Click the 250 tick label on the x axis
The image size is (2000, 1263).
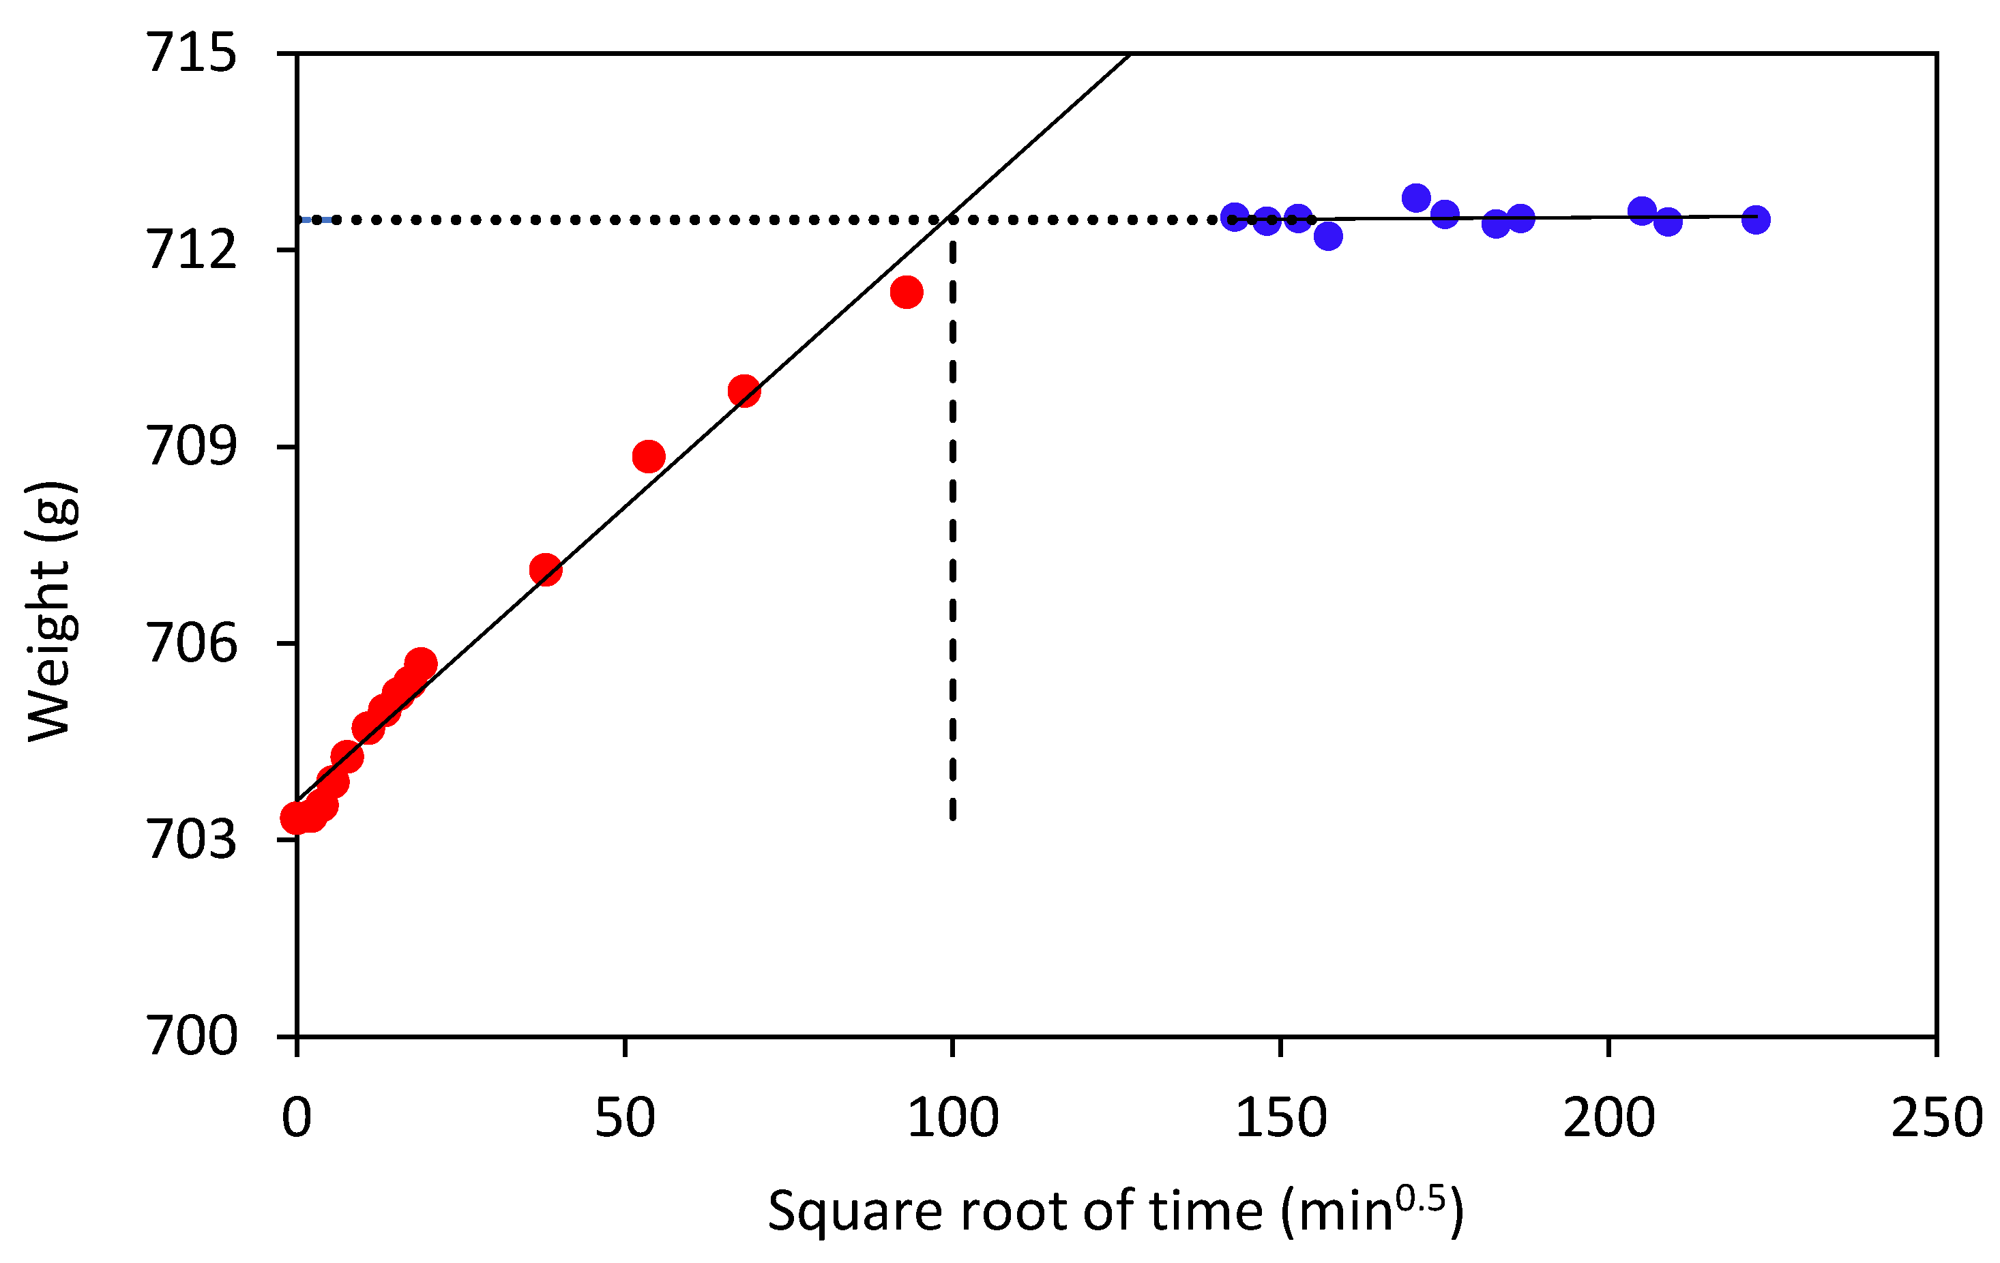1937,1118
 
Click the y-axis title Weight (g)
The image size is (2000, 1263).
51,610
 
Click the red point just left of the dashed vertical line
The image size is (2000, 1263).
906,291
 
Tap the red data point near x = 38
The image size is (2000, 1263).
546,569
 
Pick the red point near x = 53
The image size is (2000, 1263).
648,456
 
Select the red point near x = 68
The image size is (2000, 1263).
744,390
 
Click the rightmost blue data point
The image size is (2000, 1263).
1755,219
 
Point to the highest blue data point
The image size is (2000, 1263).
1416,198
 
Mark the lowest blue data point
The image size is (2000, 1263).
1328,236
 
